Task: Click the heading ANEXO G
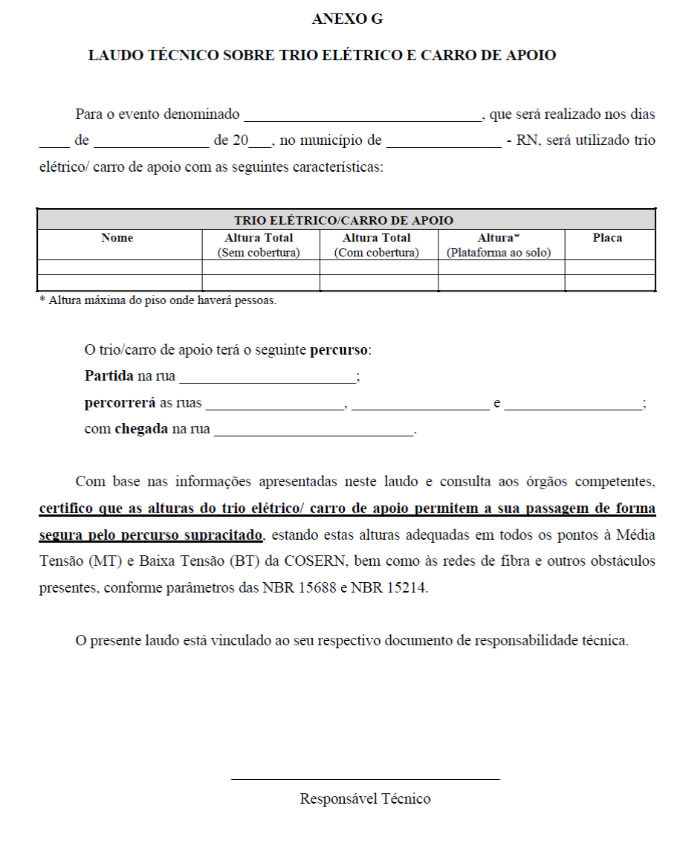pos(347,19)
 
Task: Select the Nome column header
pos(117,238)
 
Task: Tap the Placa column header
pos(607,238)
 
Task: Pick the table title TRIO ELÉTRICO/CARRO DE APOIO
pos(343,220)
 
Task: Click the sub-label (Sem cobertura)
pos(259,253)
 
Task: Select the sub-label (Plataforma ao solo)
pos(499,253)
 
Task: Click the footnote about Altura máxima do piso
pos(158,301)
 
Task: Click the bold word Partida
pos(109,376)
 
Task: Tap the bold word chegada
pos(141,430)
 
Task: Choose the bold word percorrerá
pos(120,404)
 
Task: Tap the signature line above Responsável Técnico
pos(365,779)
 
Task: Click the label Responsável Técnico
pos(365,799)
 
